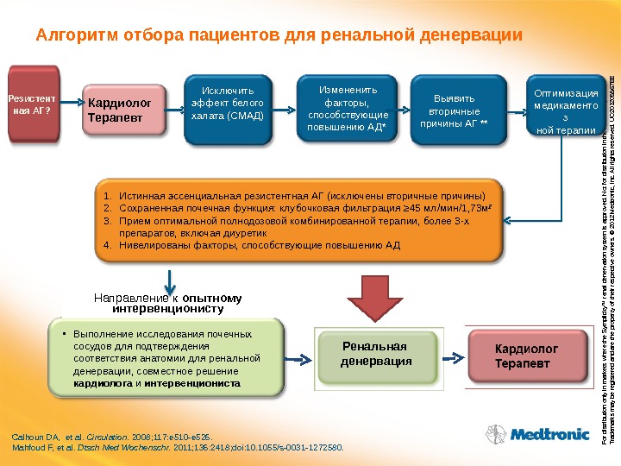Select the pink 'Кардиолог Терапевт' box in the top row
tap(124, 110)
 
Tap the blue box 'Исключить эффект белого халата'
tap(228, 104)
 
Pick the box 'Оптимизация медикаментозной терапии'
tap(566, 110)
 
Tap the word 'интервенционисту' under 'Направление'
tap(168, 307)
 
